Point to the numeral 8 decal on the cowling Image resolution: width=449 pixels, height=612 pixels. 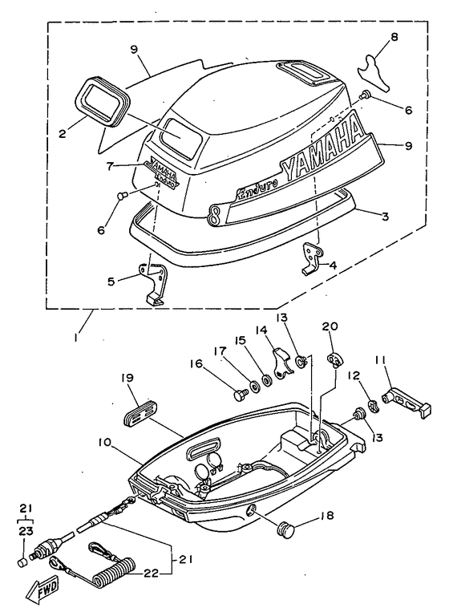tap(214, 215)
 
